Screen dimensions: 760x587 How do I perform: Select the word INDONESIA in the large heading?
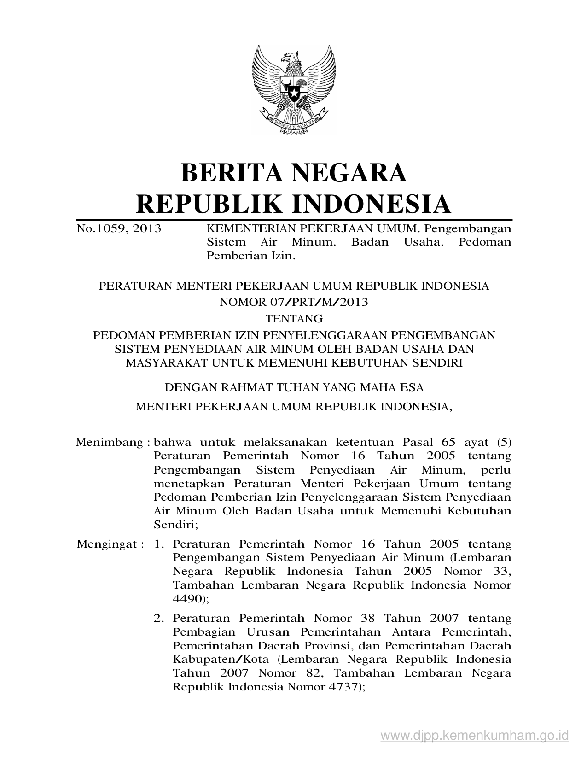tap(372, 204)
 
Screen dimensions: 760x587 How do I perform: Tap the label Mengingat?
tap(107, 544)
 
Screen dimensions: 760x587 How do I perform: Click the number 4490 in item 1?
tap(187, 599)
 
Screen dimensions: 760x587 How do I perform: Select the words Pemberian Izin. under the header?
tap(250, 256)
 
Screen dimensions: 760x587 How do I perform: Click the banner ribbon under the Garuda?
tap(294, 124)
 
